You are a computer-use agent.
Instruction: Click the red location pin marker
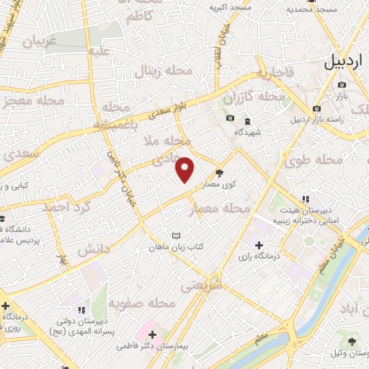click(185, 169)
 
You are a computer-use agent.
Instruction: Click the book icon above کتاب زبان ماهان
click(177, 235)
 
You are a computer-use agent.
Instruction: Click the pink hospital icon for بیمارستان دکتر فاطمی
click(152, 334)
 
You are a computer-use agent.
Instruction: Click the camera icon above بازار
click(339, 84)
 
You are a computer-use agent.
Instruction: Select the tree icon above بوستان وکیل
click(352, 341)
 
